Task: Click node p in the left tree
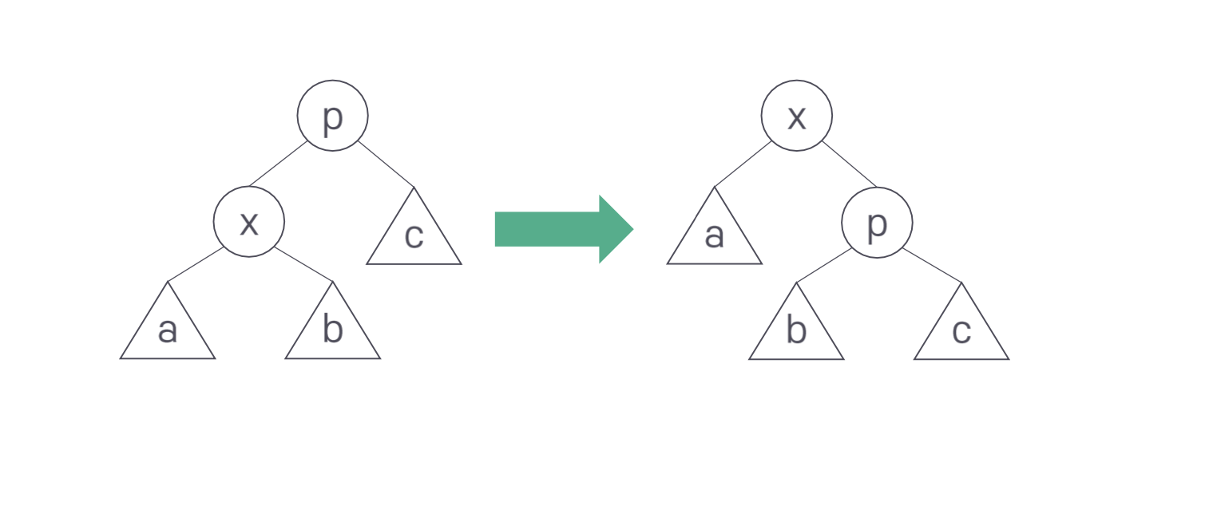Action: coord(332,116)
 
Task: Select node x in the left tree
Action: coord(249,222)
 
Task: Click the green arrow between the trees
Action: coord(559,229)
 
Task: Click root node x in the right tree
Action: coord(796,116)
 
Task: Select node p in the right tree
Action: coord(877,223)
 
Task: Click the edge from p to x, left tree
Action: coord(278,164)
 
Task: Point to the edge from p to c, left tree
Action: coord(386,164)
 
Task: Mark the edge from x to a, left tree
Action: coord(196,264)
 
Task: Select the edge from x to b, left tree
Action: coord(304,265)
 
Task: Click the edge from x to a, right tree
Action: coord(743,164)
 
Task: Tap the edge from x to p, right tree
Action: coord(849,164)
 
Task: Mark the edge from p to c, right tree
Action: coord(932,265)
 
